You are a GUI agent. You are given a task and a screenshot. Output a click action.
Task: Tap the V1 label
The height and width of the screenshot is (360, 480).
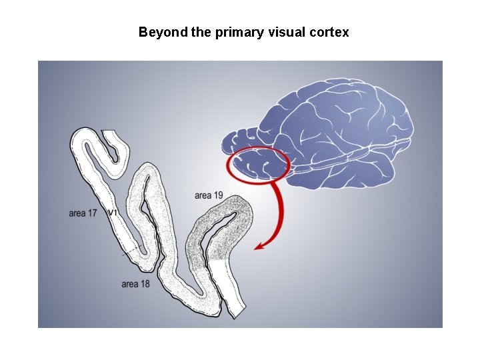point(113,213)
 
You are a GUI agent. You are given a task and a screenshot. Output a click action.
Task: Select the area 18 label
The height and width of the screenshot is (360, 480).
point(135,284)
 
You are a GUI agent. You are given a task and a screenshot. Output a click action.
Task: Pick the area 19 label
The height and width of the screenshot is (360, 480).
point(209,195)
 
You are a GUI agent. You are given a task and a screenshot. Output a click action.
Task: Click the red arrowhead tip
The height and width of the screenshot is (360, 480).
point(256,249)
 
